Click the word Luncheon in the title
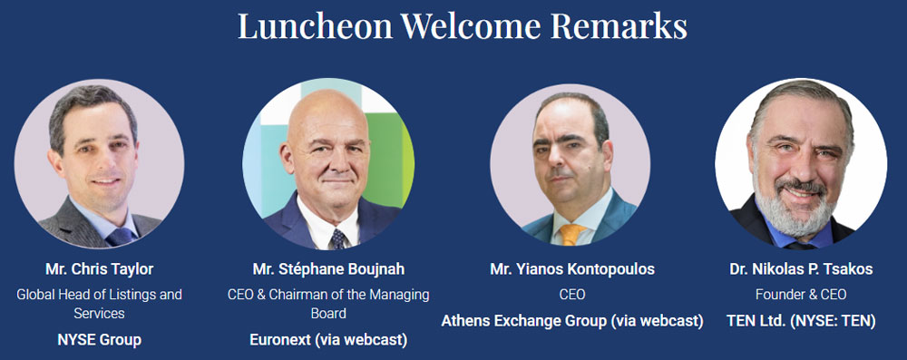click(x=316, y=25)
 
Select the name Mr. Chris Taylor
click(x=100, y=269)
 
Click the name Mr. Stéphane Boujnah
click(x=328, y=269)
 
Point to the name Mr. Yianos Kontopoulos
click(x=572, y=269)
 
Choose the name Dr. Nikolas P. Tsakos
click(x=801, y=269)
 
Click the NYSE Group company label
click(x=100, y=340)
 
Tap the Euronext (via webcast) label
click(x=328, y=340)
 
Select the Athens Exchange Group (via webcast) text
click(x=572, y=321)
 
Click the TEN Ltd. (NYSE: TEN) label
click(x=801, y=321)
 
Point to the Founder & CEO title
click(x=801, y=295)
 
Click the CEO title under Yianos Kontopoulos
click(x=572, y=295)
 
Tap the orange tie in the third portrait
click(x=571, y=234)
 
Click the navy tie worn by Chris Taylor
click(x=121, y=236)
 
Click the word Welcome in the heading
click(x=472, y=25)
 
